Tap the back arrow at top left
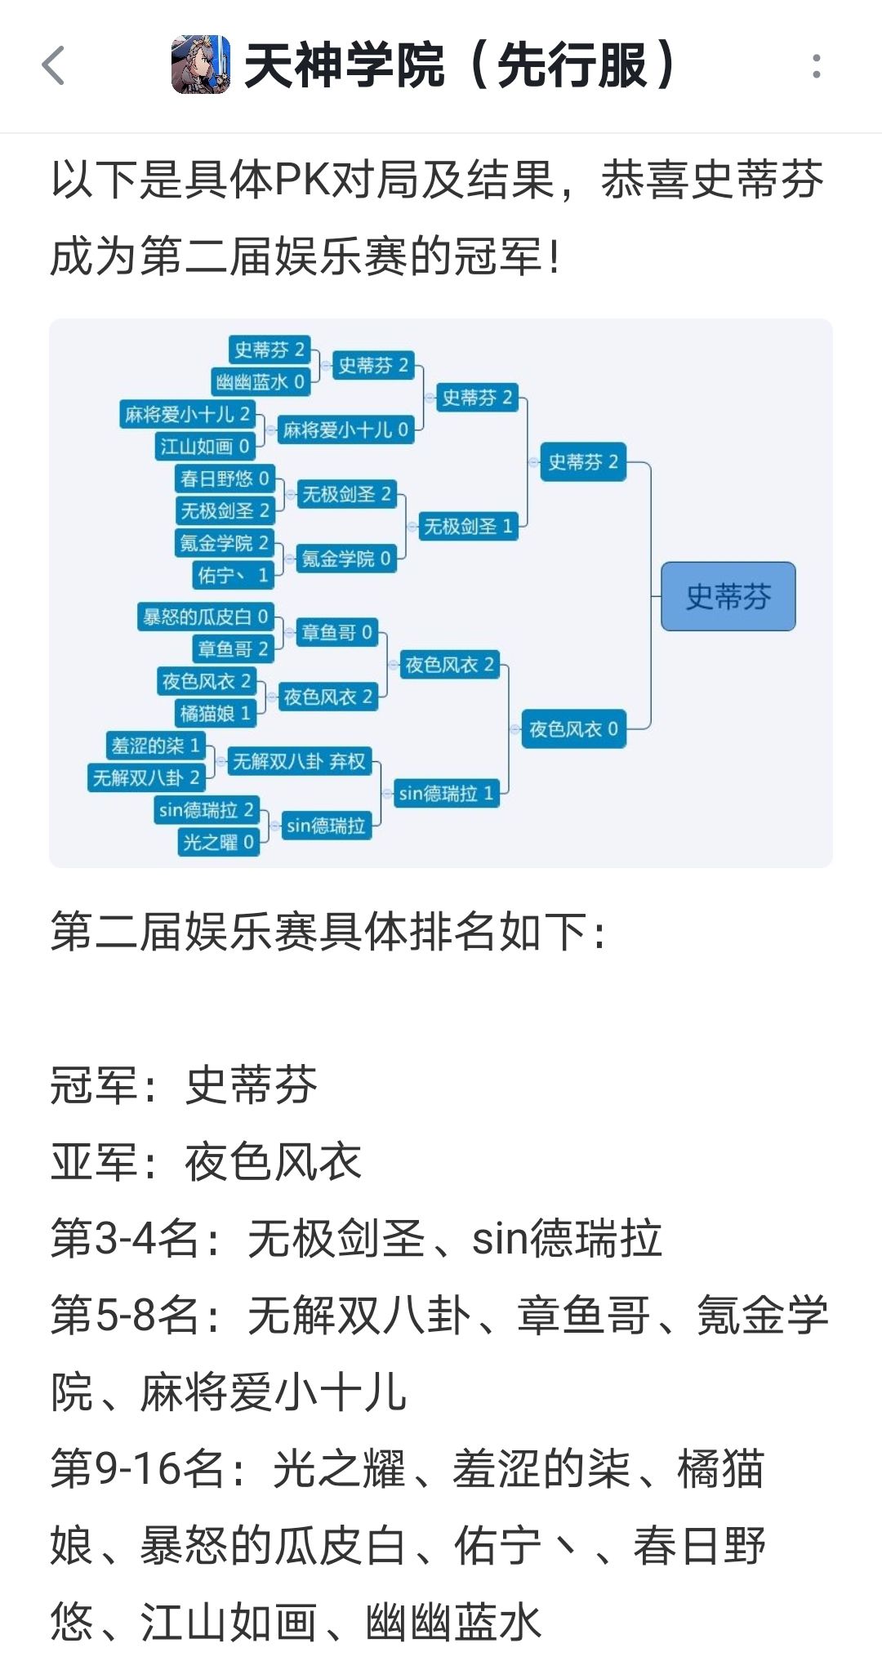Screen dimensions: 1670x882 [x=54, y=65]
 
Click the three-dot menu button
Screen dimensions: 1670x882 [x=816, y=66]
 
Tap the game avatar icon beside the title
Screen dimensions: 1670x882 [x=201, y=65]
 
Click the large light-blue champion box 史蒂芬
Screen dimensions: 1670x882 [x=728, y=596]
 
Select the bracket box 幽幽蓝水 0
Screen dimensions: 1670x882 [x=261, y=381]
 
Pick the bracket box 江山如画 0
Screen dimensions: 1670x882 [x=205, y=446]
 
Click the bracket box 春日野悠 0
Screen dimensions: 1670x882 [x=225, y=478]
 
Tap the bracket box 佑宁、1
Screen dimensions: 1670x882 [x=233, y=575]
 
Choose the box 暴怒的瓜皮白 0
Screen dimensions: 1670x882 [x=205, y=617]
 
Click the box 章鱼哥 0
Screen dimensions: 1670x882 [x=336, y=632]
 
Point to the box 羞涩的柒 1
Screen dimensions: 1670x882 [x=155, y=746]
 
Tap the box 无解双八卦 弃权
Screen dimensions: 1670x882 [x=299, y=761]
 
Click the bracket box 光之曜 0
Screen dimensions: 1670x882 [x=218, y=841]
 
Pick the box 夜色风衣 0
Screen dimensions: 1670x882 [x=573, y=728]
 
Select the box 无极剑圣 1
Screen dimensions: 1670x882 [x=468, y=526]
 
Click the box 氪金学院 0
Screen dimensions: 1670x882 [x=346, y=559]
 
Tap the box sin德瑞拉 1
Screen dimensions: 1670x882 [x=446, y=793]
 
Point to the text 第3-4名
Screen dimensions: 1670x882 [x=124, y=1238]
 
